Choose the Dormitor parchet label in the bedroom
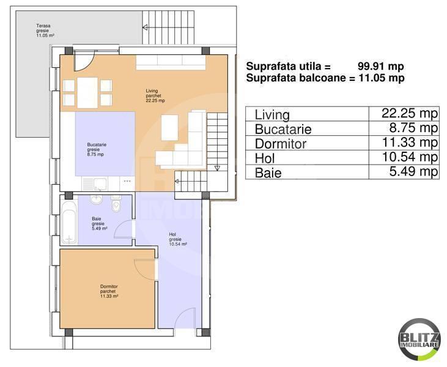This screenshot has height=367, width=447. pyautogui.click(x=109, y=291)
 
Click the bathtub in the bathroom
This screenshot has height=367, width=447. pyautogui.click(x=68, y=223)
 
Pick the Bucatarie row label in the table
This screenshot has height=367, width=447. pyautogui.click(x=283, y=130)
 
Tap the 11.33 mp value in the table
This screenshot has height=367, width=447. pyautogui.click(x=405, y=143)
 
